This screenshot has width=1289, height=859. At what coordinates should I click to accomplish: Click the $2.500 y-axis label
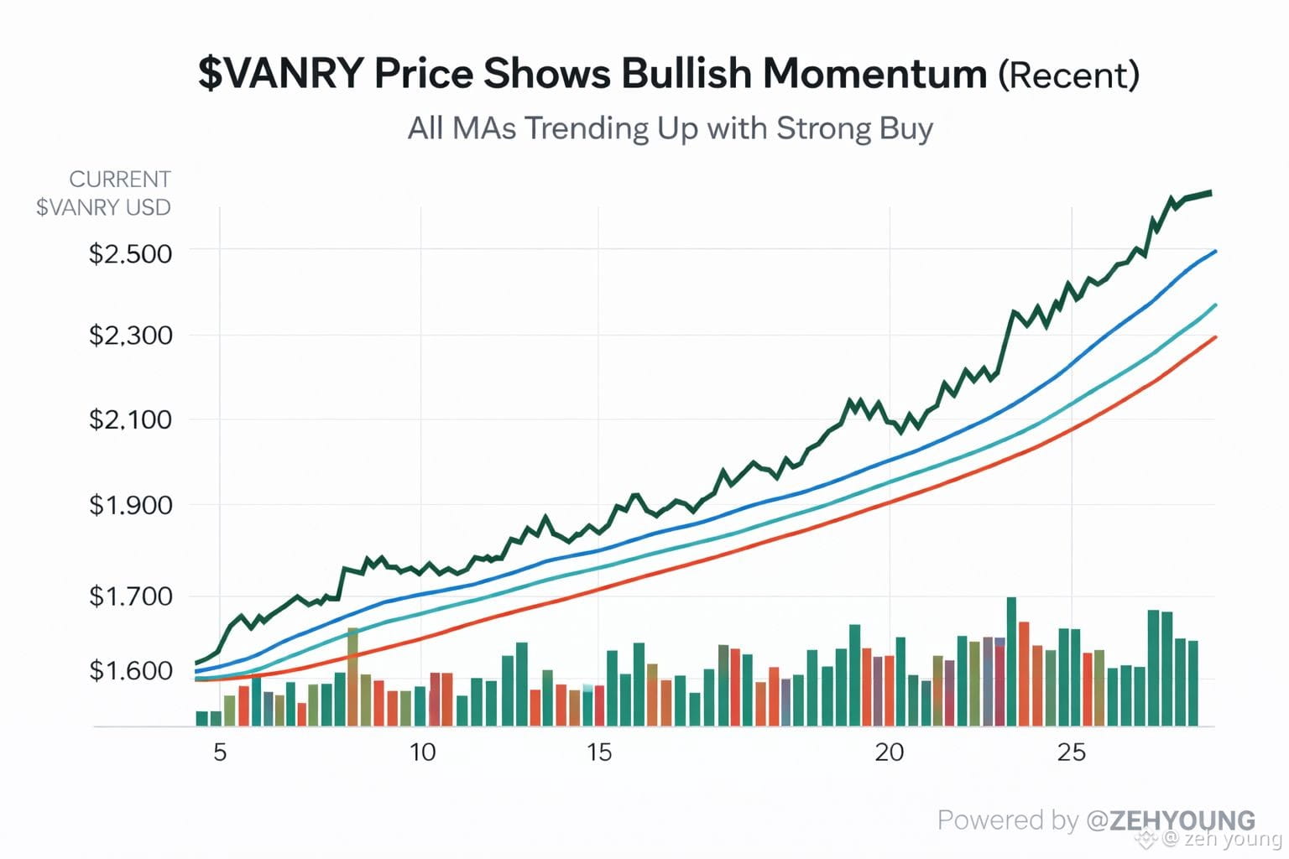[x=130, y=253]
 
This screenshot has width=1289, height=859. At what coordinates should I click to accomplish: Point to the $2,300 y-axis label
[x=130, y=336]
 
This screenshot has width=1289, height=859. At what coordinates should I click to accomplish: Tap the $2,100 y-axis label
[x=130, y=419]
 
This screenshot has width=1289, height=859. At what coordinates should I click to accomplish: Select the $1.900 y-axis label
[x=130, y=505]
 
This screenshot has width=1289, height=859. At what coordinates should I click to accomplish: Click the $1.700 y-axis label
[x=130, y=596]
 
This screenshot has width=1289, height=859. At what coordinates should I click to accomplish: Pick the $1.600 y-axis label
[x=130, y=671]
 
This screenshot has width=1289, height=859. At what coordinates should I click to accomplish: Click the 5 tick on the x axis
[x=220, y=752]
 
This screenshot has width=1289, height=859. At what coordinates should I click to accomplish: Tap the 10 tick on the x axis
[x=422, y=752]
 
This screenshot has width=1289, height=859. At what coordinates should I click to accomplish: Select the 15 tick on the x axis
[x=599, y=752]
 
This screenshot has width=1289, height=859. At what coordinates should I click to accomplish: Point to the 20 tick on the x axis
[x=890, y=752]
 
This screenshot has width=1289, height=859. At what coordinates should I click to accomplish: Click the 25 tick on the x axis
[x=1072, y=752]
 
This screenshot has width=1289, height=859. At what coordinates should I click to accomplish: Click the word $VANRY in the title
[x=281, y=74]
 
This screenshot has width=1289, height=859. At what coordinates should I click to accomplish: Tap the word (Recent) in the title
[x=1068, y=75]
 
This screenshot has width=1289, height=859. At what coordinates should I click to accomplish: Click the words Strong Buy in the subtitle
[x=854, y=128]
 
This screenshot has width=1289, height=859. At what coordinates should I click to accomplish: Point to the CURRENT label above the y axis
[x=120, y=180]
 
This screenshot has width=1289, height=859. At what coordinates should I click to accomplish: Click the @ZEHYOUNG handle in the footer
[x=1171, y=820]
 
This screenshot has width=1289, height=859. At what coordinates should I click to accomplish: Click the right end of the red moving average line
[x=1214, y=337]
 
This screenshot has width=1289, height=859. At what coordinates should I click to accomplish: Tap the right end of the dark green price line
[x=1209, y=193]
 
